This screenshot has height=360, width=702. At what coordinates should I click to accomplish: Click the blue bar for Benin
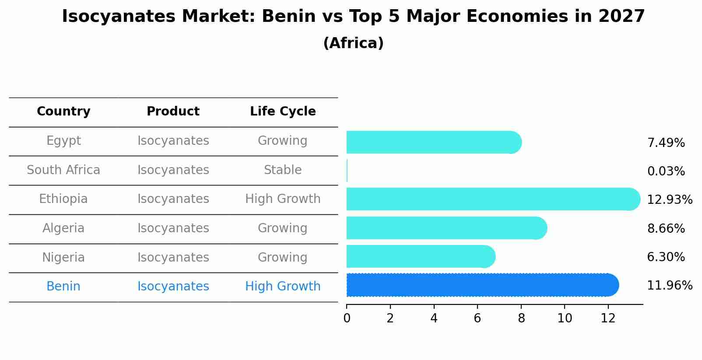tap(481, 285)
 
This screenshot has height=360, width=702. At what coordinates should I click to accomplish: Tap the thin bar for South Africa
tap(347, 171)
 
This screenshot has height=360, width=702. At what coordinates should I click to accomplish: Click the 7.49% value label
tap(666, 143)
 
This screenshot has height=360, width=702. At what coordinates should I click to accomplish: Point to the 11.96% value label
tap(669, 286)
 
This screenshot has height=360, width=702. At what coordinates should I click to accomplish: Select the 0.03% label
tap(666, 171)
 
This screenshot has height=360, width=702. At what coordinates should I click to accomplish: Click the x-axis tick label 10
tap(565, 318)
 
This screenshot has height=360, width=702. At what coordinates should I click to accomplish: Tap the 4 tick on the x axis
tap(434, 318)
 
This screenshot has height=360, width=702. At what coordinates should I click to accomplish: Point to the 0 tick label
tap(347, 318)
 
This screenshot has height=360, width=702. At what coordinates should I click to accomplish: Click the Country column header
tap(63, 112)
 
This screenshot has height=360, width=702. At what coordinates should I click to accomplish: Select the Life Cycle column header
tap(283, 112)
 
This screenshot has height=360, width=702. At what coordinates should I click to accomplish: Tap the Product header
tap(173, 112)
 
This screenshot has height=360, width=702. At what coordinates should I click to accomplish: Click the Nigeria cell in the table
tap(63, 257)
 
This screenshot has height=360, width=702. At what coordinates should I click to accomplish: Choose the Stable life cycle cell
tap(283, 170)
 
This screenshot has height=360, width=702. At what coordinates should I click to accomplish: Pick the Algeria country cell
tap(63, 228)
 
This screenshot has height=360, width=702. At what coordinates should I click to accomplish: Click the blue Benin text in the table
tap(63, 287)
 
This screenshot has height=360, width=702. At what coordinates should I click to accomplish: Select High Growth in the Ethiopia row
tap(283, 199)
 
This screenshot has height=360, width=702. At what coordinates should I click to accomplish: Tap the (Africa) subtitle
tap(353, 43)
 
